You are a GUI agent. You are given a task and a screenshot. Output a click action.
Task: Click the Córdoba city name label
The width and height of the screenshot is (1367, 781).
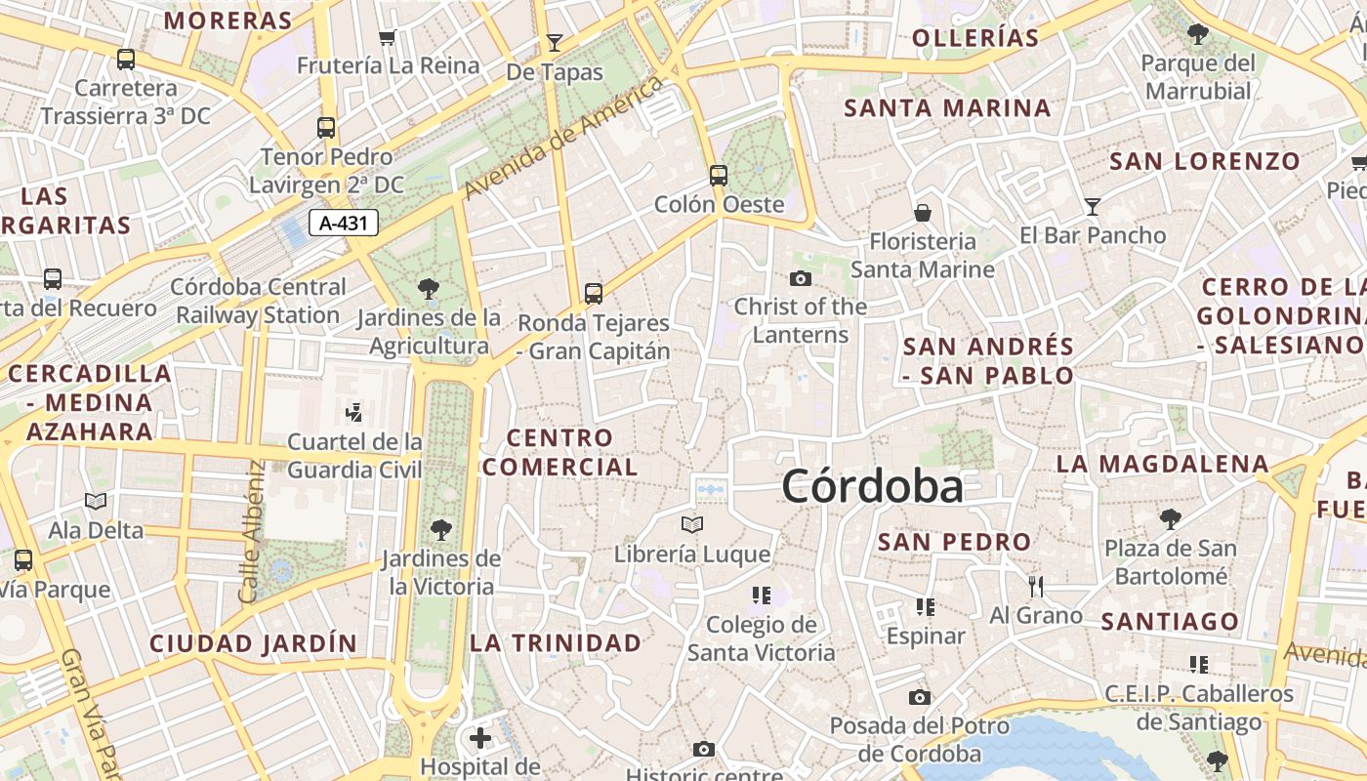[x=872, y=486]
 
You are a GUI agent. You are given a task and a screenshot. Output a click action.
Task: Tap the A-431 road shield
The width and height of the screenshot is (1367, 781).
[x=344, y=224]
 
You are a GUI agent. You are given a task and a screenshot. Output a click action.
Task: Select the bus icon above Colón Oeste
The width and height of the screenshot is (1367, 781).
[x=719, y=176]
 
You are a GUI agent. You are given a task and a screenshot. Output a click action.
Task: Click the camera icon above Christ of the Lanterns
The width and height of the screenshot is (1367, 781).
[x=801, y=279]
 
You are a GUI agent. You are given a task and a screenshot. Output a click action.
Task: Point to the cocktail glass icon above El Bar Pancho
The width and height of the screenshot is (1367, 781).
[x=1093, y=207]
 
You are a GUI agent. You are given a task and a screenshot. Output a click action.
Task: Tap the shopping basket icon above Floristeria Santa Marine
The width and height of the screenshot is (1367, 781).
[x=922, y=213]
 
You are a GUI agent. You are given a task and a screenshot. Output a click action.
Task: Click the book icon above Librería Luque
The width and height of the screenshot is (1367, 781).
[x=692, y=525]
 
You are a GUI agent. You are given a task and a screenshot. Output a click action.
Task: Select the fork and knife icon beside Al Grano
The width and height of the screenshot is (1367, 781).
[x=1036, y=586]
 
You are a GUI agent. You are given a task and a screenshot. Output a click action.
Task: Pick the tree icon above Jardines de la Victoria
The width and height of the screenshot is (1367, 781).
[x=440, y=530]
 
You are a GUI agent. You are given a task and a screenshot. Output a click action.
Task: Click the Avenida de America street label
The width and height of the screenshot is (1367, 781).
[x=563, y=137]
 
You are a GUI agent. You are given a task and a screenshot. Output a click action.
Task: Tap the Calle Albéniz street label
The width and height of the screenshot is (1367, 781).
[x=251, y=531]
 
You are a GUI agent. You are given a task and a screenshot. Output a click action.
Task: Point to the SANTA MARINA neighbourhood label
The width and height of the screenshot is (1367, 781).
[x=947, y=107]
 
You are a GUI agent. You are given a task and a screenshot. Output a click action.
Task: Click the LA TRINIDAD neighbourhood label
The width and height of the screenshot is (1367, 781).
[x=556, y=642]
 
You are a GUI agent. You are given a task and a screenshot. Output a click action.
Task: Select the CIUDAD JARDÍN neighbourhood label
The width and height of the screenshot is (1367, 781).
[x=253, y=643]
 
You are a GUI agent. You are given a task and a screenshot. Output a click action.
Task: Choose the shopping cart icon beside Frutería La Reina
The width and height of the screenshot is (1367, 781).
[x=388, y=38]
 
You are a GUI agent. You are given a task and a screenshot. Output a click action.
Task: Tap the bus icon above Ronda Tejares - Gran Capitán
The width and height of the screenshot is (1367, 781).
[x=593, y=293]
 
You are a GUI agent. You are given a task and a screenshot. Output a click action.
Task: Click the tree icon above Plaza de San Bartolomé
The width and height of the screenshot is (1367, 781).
[x=1170, y=519]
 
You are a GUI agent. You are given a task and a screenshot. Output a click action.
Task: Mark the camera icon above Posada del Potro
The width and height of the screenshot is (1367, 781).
[x=920, y=697]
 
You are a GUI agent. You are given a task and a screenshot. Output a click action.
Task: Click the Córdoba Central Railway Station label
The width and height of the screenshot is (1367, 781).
[x=258, y=301]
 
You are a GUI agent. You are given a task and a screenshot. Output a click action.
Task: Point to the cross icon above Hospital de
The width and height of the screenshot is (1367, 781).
[x=480, y=737]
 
